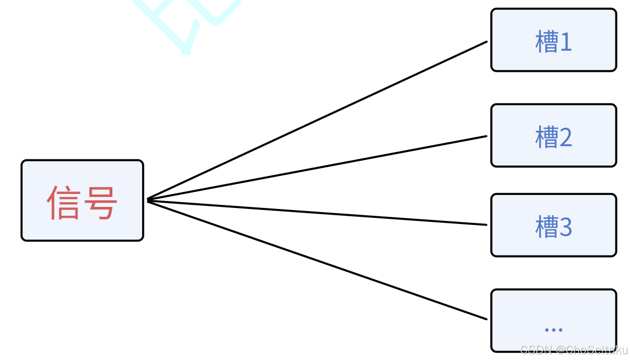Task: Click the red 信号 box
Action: click(x=82, y=200)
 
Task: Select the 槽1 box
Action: click(x=553, y=40)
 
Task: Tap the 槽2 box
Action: click(x=553, y=136)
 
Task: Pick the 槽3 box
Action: click(x=553, y=225)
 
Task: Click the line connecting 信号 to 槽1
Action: click(x=317, y=120)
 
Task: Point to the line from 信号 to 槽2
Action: click(x=317, y=168)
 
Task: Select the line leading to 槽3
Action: click(x=317, y=212)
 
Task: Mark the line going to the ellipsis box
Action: click(x=317, y=259)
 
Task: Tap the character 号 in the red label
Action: click(x=100, y=201)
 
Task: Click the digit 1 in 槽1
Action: click(x=565, y=42)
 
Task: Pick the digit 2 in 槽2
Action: click(x=565, y=138)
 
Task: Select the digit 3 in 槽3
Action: click(x=565, y=227)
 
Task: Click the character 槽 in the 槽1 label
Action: click(x=546, y=42)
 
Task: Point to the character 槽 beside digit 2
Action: click(x=546, y=137)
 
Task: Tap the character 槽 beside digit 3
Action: click(x=546, y=227)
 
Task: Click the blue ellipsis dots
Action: click(x=553, y=329)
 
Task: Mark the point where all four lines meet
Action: click(x=148, y=200)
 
